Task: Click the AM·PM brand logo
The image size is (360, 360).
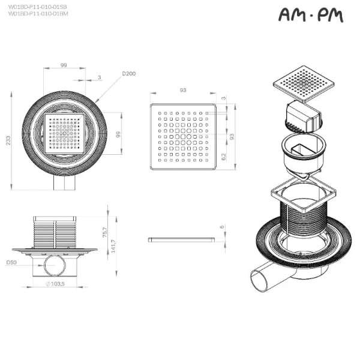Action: [x=311, y=16]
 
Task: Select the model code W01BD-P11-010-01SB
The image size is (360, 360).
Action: [x=38, y=6]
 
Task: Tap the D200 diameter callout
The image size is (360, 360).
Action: [x=128, y=74]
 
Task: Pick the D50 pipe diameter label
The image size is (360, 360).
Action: [x=11, y=262]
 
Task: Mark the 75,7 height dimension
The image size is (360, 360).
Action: [x=104, y=230]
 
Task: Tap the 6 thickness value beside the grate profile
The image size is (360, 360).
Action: [x=223, y=227]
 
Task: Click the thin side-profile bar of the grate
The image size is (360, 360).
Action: [x=181, y=239]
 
